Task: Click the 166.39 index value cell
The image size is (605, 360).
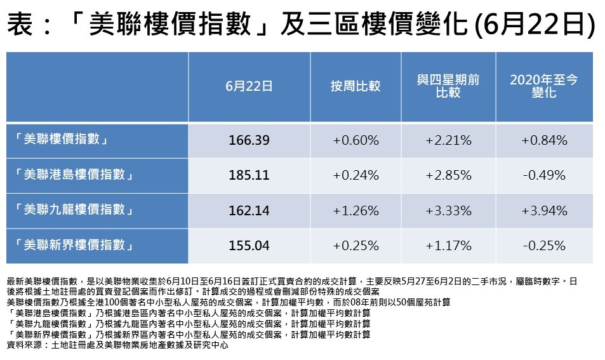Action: point(249,140)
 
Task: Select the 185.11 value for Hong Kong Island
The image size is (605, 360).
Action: point(249,175)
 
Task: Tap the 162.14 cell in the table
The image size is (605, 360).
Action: point(249,210)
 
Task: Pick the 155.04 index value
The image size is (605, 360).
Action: point(249,245)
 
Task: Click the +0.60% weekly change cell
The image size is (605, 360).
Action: point(356,140)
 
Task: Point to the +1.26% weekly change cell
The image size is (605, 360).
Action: point(356,210)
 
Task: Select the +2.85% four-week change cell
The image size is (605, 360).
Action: point(448,175)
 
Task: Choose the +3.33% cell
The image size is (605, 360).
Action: point(448,210)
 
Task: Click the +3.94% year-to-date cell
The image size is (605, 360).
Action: point(544,210)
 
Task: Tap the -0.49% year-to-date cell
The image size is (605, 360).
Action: point(544,175)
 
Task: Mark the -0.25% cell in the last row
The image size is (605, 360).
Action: point(544,245)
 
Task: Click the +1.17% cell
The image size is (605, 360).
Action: point(448,245)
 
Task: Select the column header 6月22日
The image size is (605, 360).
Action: point(249,86)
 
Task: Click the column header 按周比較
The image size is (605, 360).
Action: point(356,86)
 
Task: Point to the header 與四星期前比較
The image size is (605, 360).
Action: point(448,86)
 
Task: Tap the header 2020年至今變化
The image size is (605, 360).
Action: point(544,86)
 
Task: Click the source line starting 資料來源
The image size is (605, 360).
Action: point(117,345)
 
